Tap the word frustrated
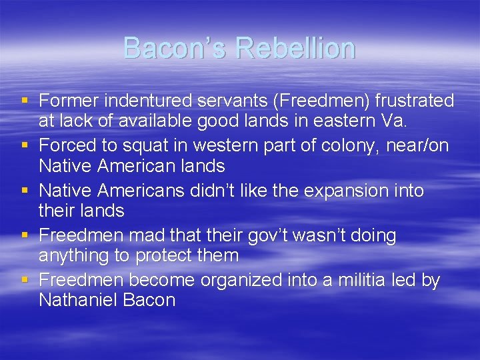tap(415, 101)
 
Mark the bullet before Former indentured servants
tap(25, 101)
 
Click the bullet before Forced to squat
tap(25, 146)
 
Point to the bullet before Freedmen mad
tap(25, 235)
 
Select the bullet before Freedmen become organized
tap(25, 281)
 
